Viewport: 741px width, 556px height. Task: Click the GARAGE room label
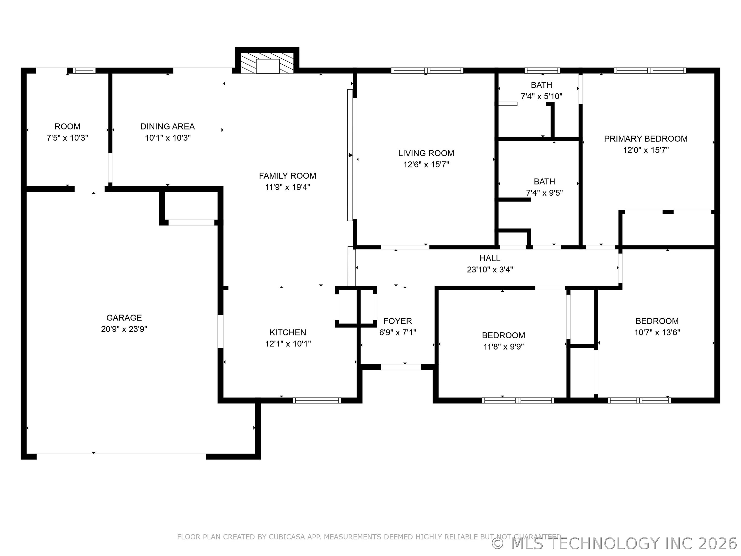point(124,317)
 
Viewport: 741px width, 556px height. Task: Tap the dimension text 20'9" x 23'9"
point(124,329)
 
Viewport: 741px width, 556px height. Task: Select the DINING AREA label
point(167,126)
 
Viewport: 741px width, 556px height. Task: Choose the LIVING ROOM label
point(426,153)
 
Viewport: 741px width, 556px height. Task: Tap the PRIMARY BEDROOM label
point(646,139)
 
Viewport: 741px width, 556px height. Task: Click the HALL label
point(490,258)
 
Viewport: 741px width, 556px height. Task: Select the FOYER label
point(398,321)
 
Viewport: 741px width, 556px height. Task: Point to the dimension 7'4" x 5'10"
point(541,97)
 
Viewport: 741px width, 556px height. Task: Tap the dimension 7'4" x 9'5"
point(544,193)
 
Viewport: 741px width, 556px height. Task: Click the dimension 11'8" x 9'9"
point(503,346)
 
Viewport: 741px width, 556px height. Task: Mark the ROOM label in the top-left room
point(67,126)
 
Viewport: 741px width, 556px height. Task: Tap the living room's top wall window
point(427,70)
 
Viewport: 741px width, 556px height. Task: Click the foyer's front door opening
point(401,367)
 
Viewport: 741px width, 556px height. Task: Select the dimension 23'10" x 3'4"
point(490,270)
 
